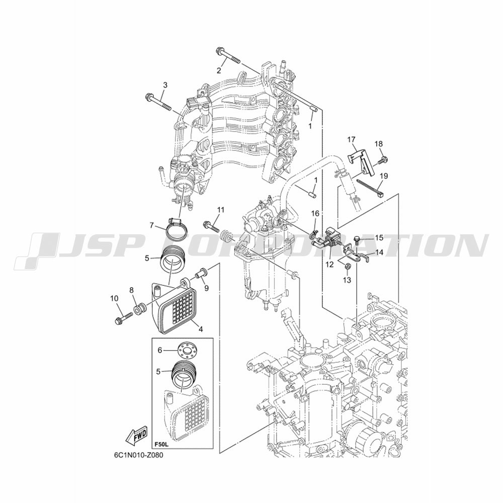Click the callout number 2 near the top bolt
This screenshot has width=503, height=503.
tap(219, 70)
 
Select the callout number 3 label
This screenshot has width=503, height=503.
tap(165, 85)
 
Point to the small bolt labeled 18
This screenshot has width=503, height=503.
tap(383, 159)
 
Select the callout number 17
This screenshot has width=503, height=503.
tap(351, 139)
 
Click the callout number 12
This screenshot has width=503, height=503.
tap(330, 265)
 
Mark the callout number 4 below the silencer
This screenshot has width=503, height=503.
tap(200, 329)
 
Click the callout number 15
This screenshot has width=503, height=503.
tap(379, 238)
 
